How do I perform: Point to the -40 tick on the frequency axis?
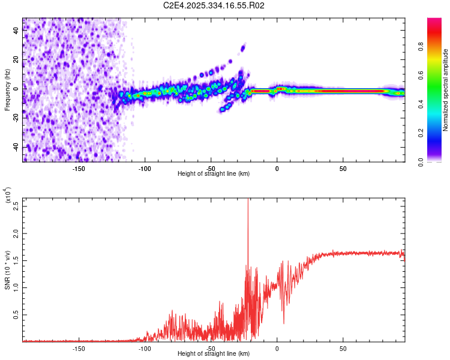(x=16, y=147)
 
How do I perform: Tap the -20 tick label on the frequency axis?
(x=16, y=118)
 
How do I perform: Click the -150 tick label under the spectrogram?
(x=79, y=169)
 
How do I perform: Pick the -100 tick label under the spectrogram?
(x=145, y=169)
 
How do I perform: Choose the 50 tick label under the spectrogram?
(x=343, y=169)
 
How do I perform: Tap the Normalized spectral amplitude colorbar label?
(x=446, y=90)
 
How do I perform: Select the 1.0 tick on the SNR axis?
(x=16, y=287)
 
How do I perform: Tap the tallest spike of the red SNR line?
(x=248, y=202)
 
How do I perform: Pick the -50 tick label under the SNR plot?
(x=211, y=348)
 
